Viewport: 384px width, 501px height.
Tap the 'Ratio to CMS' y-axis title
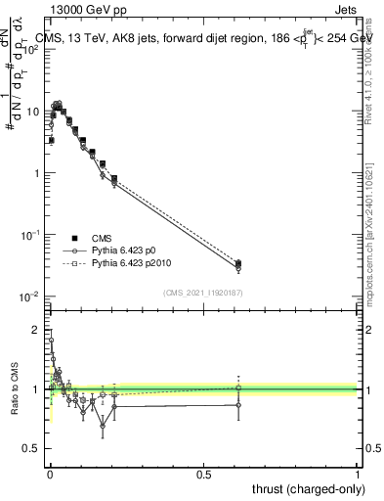pos(16,388)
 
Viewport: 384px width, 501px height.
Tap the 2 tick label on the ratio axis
pos(37,330)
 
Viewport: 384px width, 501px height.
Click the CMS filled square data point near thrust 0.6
pos(239,263)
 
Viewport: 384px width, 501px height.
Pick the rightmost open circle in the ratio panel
pos(239,405)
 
